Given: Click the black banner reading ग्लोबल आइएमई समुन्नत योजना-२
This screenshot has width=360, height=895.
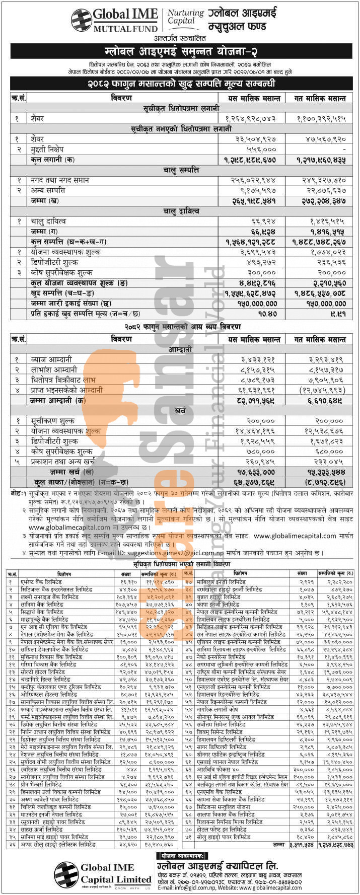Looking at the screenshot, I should point(181,51).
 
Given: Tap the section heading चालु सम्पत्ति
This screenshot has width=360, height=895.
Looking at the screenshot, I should point(181,170).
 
